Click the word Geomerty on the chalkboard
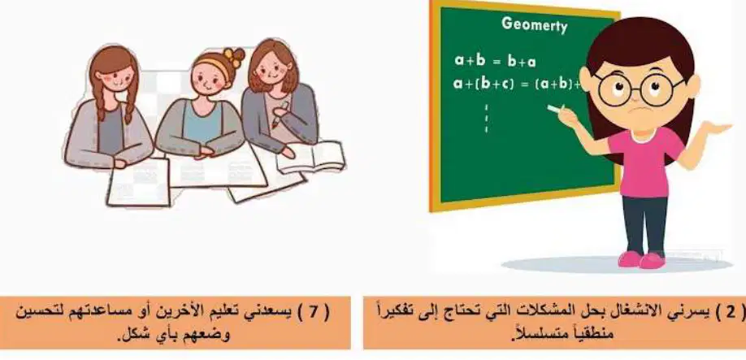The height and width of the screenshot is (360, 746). [x=534, y=24]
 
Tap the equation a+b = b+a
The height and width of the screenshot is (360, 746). [x=495, y=61]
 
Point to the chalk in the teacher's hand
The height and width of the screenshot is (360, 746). [x=555, y=109]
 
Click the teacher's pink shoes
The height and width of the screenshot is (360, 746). [x=641, y=260]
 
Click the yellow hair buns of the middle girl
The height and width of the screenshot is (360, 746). [x=233, y=57]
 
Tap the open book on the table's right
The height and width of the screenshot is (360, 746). [x=311, y=157]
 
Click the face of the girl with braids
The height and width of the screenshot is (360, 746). [x=116, y=79]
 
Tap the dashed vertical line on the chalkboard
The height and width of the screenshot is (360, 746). [x=486, y=118]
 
